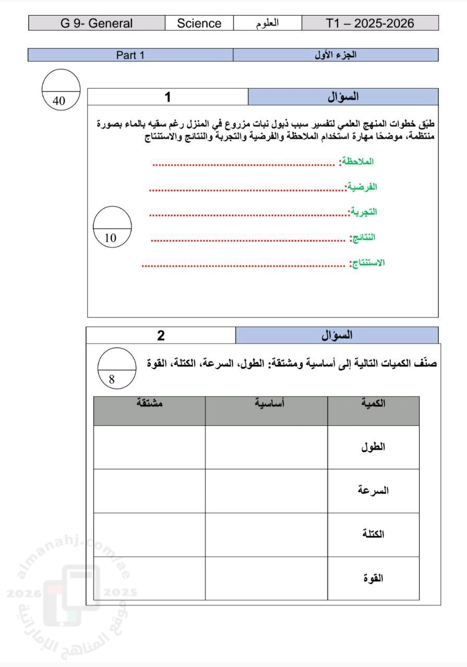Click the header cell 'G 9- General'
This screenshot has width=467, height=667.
pos(97,23)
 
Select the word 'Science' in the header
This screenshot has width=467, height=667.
pos(199,23)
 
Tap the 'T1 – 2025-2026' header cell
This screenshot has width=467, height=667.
pos(370,23)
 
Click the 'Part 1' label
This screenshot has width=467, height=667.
pos(130,55)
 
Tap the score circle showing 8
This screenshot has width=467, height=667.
pos(117,368)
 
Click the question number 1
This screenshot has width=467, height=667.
pos(167,97)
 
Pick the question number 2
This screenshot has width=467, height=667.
pos(161,336)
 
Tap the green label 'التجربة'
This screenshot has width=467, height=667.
pos(364,212)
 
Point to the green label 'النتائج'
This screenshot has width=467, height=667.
pos(364,237)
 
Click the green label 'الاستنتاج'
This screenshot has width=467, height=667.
pos(368,263)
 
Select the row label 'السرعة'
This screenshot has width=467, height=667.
pos(373,491)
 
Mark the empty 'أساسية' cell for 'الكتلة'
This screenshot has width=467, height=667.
pos(266,535)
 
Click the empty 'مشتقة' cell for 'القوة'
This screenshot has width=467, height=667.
pos(149,578)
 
